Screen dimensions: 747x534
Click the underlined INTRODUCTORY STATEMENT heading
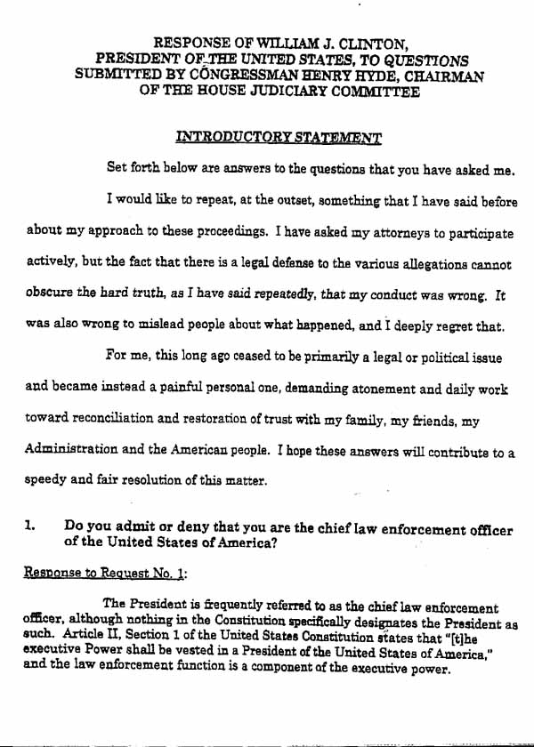pyautogui.click(x=279, y=138)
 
